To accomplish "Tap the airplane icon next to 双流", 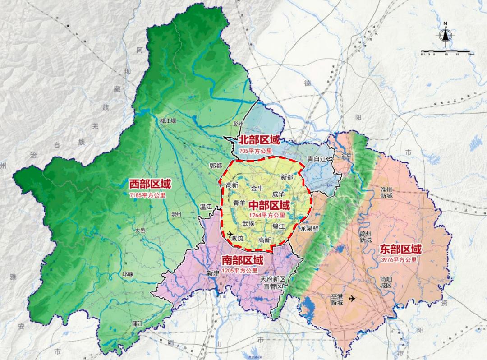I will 231,233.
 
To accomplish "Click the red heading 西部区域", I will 150,184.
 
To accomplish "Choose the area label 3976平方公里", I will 400,260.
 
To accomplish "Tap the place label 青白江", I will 317,159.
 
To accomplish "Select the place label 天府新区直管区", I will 273,283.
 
